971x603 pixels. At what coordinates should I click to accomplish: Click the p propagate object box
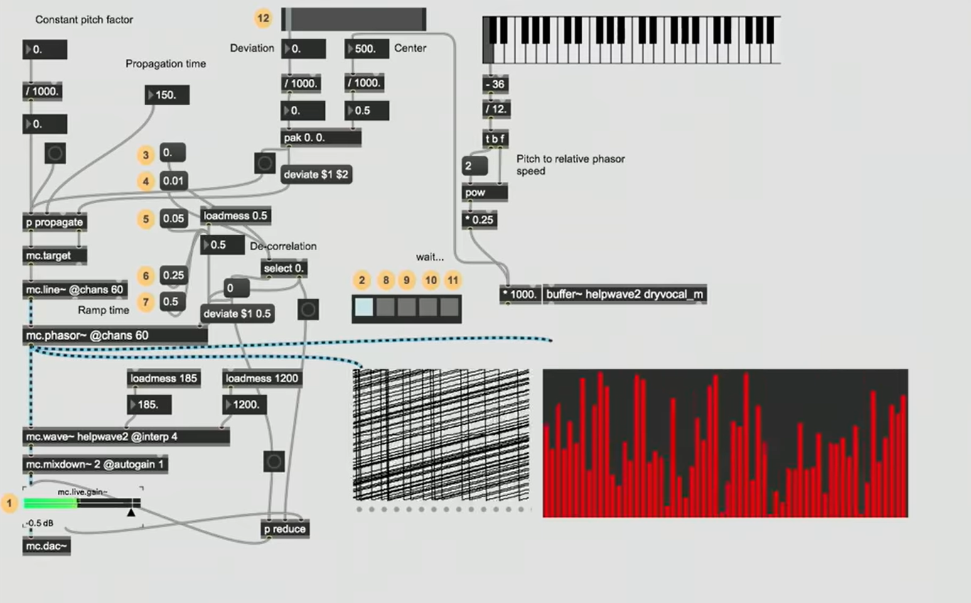(x=55, y=222)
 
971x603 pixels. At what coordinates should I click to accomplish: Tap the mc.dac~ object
(x=47, y=545)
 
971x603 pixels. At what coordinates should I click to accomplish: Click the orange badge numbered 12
(x=264, y=18)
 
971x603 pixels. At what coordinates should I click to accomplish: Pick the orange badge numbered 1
(x=10, y=504)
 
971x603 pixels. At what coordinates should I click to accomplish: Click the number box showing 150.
(x=167, y=94)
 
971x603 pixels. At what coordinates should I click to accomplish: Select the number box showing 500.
(x=367, y=49)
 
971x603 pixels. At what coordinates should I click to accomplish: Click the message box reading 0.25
(x=173, y=275)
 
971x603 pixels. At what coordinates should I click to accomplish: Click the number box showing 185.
(x=149, y=405)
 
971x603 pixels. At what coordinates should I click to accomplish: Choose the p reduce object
(x=285, y=529)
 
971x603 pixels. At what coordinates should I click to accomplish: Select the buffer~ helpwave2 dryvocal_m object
(x=624, y=295)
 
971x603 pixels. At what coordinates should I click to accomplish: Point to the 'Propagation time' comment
(x=166, y=64)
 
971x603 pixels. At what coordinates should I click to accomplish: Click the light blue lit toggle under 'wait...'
(x=363, y=307)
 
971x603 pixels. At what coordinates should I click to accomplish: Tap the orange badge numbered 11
(x=453, y=281)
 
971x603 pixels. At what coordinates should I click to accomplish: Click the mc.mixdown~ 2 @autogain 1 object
(x=96, y=465)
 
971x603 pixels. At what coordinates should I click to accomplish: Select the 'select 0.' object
(x=284, y=268)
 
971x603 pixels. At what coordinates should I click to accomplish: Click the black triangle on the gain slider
(x=131, y=511)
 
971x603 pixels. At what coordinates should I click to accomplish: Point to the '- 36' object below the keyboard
(x=495, y=85)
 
